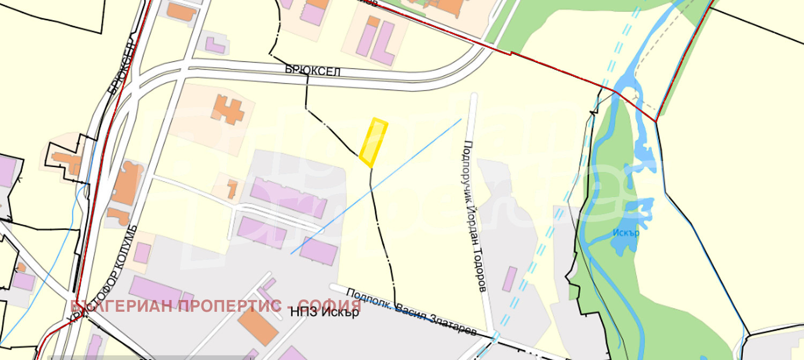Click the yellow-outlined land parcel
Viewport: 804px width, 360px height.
(373, 141)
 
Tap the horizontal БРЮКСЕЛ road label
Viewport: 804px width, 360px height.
(313, 71)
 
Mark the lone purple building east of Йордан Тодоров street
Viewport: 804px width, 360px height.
(510, 279)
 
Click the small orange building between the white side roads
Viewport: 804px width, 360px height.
(232, 188)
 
